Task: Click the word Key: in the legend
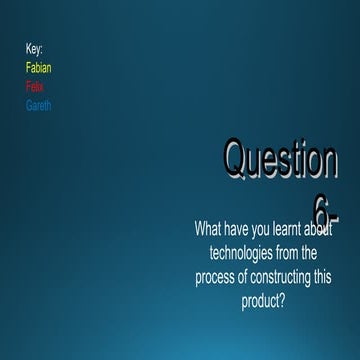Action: point(34,48)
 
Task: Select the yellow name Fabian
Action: point(39,68)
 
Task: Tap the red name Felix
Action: point(35,87)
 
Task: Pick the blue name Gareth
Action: point(39,105)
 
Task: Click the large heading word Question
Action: point(280,160)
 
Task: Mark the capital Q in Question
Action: point(235,160)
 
